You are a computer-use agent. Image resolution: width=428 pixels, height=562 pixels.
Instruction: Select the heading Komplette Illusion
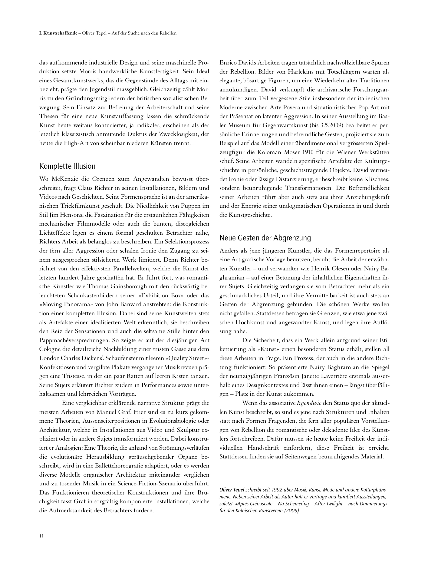[67, 166]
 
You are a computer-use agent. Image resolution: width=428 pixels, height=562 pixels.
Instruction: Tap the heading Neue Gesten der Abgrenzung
[265, 238]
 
